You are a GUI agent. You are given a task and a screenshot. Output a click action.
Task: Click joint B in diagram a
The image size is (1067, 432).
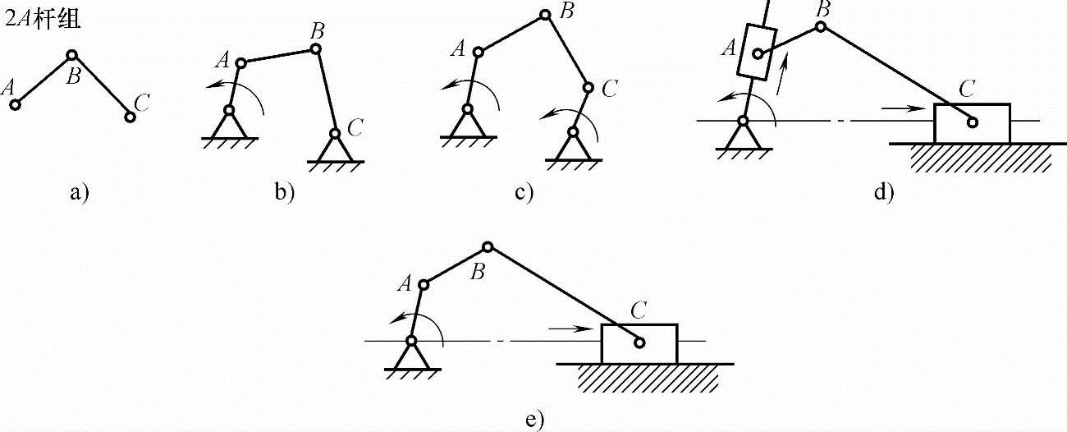point(72,55)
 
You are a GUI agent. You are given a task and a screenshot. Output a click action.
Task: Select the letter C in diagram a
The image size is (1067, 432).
point(141,103)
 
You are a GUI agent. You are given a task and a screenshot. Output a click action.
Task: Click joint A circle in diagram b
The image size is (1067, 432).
point(240,62)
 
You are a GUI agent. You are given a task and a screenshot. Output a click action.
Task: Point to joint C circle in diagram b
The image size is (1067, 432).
point(335,133)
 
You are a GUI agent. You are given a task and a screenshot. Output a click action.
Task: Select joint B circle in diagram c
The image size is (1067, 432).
point(544,14)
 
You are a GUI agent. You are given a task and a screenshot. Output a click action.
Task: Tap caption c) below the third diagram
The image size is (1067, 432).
point(524,194)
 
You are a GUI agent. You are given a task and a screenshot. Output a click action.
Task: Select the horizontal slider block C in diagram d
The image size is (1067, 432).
point(973,123)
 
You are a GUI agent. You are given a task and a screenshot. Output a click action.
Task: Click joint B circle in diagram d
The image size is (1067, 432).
point(821,26)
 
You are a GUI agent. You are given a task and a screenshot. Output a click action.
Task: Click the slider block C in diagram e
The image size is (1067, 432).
point(639,343)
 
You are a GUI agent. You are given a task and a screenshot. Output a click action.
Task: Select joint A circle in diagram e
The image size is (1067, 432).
point(424,285)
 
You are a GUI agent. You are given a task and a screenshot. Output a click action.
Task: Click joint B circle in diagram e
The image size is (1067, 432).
point(488,246)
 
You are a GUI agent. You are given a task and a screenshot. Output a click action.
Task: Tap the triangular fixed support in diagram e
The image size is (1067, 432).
point(411,356)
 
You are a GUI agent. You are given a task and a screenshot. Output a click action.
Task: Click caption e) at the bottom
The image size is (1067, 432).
point(533,420)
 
